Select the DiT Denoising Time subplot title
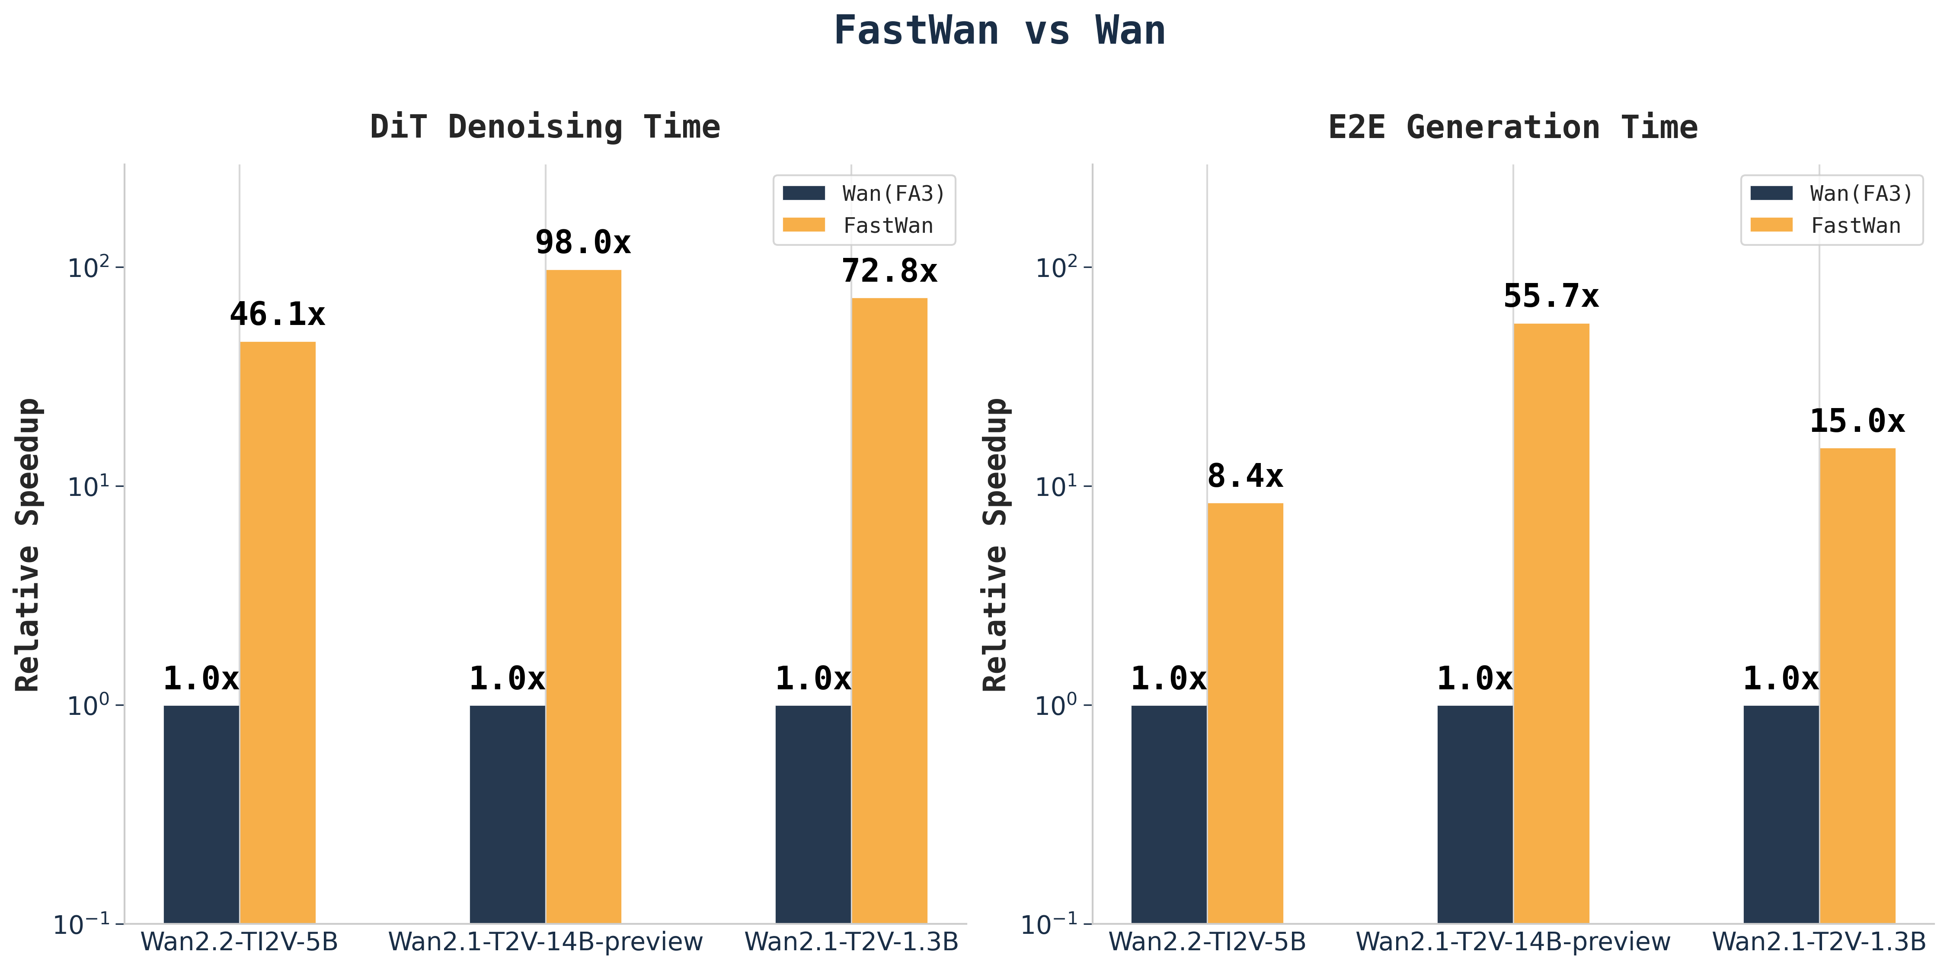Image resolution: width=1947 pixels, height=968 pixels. click(545, 127)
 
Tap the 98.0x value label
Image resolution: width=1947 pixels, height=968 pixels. click(583, 243)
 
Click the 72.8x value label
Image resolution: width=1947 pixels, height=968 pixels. click(889, 271)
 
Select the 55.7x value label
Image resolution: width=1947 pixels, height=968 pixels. click(1551, 296)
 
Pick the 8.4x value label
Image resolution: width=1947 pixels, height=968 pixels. click(1245, 476)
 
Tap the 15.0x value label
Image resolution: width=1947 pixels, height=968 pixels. click(1857, 421)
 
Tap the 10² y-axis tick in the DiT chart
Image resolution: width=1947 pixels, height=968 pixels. click(89, 268)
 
